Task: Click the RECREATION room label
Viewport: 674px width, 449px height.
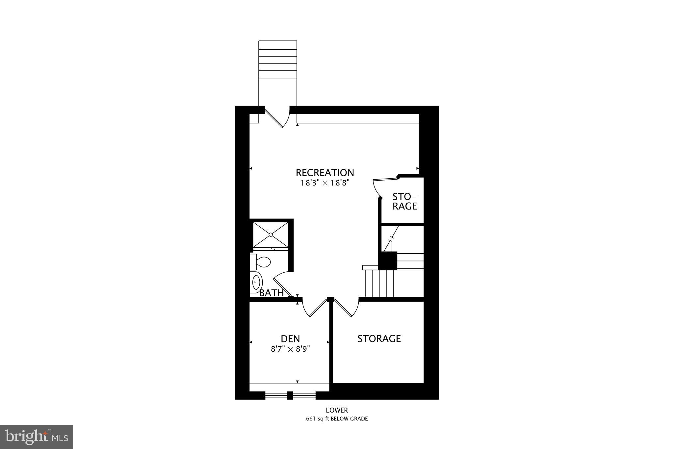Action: point(324,173)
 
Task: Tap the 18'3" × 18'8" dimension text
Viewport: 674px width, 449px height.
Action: point(324,183)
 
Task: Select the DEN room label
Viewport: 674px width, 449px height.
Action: point(290,338)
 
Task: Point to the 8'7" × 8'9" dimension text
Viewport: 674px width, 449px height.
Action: point(290,349)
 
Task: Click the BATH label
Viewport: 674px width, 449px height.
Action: point(272,293)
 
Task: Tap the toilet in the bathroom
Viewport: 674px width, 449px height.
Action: point(261,262)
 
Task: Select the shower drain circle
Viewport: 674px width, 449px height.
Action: point(271,235)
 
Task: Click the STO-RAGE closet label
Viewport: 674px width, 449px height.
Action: point(404,201)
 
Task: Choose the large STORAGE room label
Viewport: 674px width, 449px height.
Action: point(379,338)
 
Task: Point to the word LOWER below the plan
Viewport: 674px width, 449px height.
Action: point(337,410)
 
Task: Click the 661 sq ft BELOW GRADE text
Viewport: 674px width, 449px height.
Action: point(337,419)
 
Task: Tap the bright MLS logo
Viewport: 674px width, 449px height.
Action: point(37,437)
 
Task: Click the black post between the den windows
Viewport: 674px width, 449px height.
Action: point(290,395)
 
